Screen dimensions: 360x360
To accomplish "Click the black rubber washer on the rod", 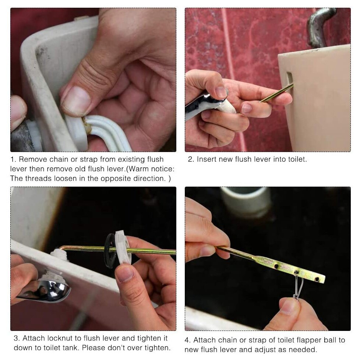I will coord(109,250).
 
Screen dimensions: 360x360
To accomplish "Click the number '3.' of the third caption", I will coord(17,338).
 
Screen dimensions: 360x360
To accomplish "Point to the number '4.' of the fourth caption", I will coord(188,340).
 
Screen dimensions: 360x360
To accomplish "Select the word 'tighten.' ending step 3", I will coord(156,348).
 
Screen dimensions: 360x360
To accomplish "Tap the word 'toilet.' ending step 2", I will coord(296,159).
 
